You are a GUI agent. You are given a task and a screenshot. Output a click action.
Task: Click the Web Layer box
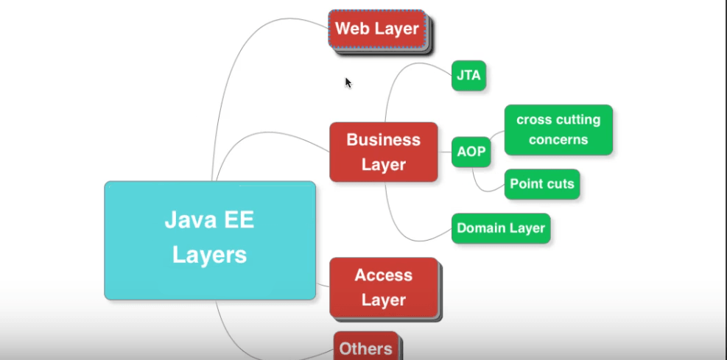coord(377,29)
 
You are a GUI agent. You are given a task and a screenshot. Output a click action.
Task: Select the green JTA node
coord(468,76)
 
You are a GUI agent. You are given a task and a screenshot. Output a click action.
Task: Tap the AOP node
coord(471,152)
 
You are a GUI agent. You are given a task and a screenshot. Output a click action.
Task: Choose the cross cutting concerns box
coord(558,130)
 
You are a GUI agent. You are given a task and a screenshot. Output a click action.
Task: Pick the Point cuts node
coord(542,184)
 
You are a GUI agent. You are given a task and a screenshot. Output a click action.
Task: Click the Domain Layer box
coord(501,228)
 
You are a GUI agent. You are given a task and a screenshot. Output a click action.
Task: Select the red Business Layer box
coord(384,152)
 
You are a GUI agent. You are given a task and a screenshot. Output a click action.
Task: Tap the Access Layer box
coord(384,288)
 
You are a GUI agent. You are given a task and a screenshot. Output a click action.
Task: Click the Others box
coord(366,347)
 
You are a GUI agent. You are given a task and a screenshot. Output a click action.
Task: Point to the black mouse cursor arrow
coord(348,82)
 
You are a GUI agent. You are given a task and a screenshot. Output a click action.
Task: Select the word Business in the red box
coord(384,139)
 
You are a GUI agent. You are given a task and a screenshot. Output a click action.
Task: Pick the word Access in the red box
coord(384,275)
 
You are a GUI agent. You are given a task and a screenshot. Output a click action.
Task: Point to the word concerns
coord(558,139)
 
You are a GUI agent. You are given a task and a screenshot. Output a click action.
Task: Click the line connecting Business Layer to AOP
coord(445,152)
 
